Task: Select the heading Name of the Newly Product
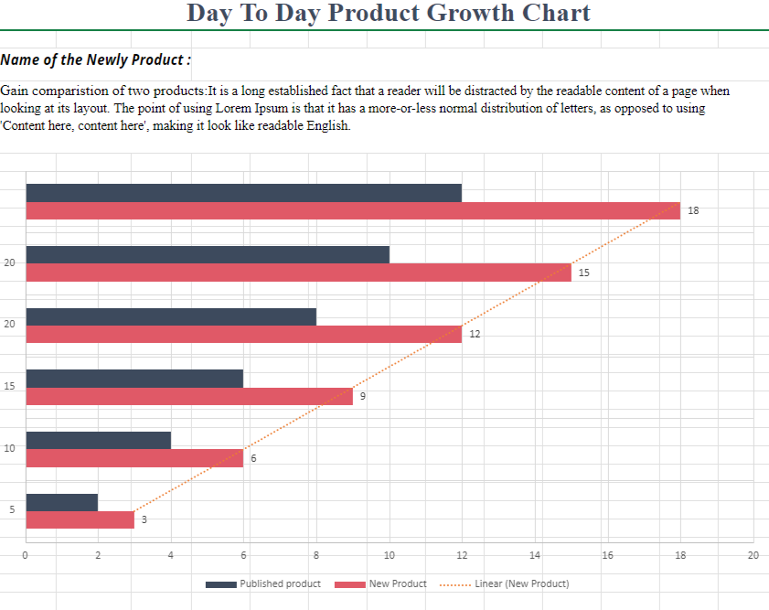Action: [x=96, y=60]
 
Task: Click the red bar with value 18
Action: [x=353, y=210]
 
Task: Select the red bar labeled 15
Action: [x=298, y=273]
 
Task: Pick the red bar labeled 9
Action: [x=189, y=396]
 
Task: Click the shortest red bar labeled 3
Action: [x=80, y=519]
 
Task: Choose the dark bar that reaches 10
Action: [x=208, y=254]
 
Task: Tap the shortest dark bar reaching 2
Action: [x=62, y=502]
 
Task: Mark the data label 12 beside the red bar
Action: [x=475, y=335]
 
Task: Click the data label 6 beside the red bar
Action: [x=253, y=458]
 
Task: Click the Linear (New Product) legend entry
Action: [x=522, y=583]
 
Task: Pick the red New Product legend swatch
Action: [x=350, y=584]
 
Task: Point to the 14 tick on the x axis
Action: [x=535, y=555]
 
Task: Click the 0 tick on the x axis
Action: [x=26, y=555]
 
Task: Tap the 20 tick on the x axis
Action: [x=753, y=555]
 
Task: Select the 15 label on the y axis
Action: [x=9, y=386]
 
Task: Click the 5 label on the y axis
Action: [x=11, y=509]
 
